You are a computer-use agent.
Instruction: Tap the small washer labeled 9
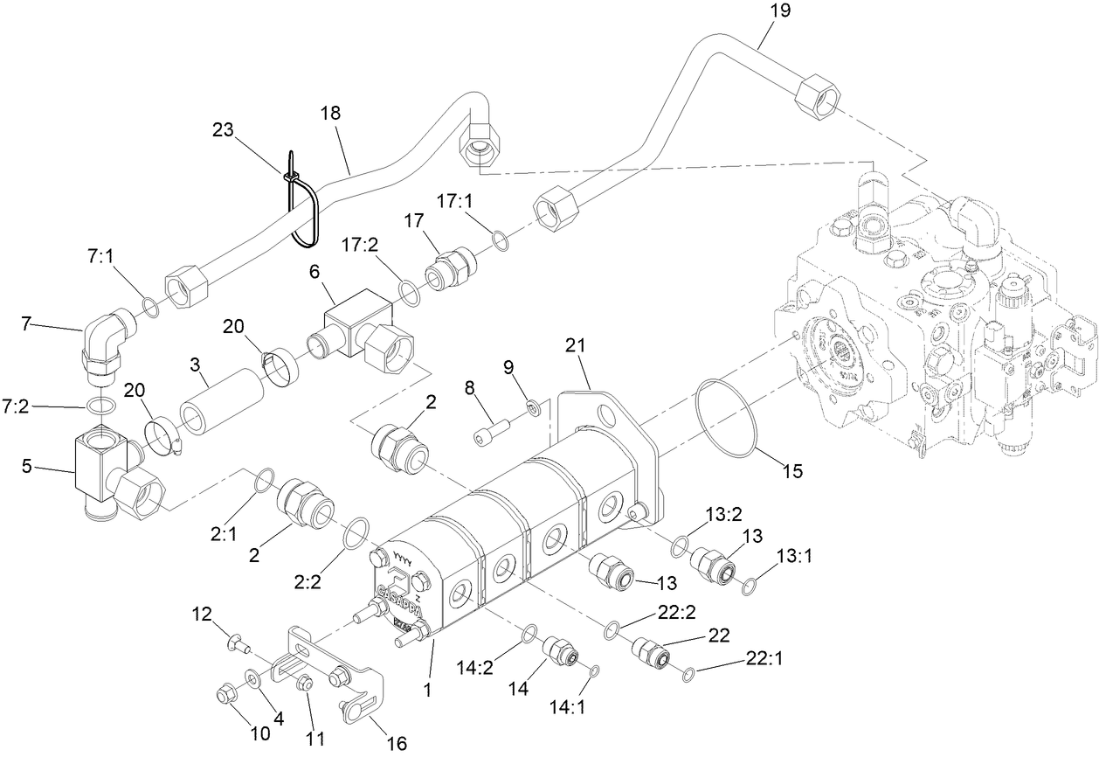531,407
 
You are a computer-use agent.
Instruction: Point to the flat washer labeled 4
252,678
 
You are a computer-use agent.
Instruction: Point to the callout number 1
428,691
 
